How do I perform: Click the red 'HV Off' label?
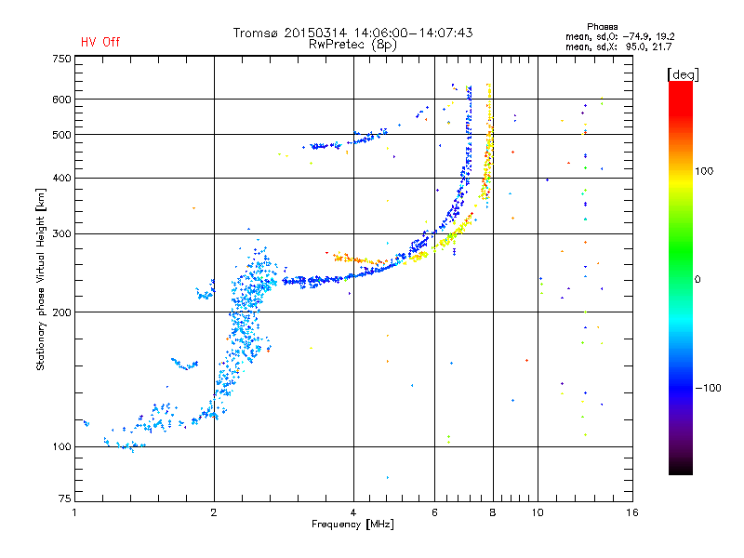[x=100, y=42]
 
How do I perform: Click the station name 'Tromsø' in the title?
[x=256, y=33]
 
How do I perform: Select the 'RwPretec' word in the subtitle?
[x=336, y=45]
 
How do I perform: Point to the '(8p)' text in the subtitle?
[x=384, y=45]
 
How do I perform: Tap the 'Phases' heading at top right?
[x=602, y=27]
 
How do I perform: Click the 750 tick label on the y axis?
[x=61, y=59]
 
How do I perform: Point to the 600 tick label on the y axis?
[x=61, y=100]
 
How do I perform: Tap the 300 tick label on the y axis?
[x=61, y=233]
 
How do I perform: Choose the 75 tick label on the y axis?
[x=64, y=498]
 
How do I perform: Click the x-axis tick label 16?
[x=632, y=512]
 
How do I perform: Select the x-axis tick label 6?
[x=434, y=512]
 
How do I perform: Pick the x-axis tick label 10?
[x=538, y=512]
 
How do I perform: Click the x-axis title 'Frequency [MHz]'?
[x=352, y=525]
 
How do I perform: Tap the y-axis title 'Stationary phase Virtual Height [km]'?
[x=41, y=279]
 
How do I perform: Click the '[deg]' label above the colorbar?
[x=683, y=74]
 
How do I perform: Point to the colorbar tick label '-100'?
[x=708, y=388]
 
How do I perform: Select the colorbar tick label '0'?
[x=697, y=279]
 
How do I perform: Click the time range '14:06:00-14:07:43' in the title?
[x=413, y=33]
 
